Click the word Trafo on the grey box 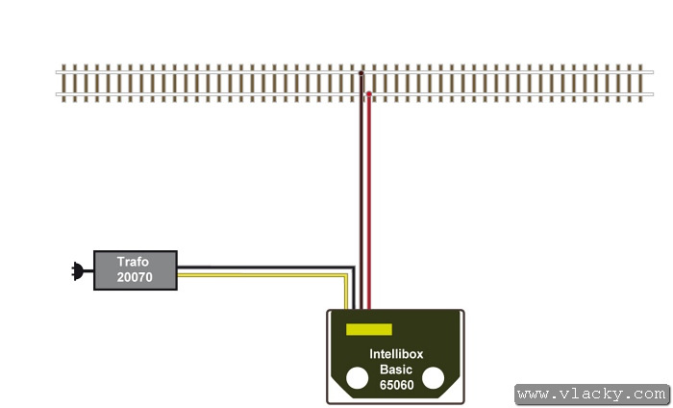(x=135, y=262)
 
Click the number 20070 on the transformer (x=135, y=277)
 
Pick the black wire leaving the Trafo (x=260, y=268)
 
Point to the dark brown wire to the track (x=361, y=192)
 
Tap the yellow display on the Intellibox (x=368, y=329)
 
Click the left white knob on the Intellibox (x=358, y=378)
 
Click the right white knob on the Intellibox (x=433, y=378)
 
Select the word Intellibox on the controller (x=395, y=353)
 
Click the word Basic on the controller (x=395, y=369)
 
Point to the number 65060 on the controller (x=395, y=385)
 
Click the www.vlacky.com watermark (x=590, y=394)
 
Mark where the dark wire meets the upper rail (x=361, y=72)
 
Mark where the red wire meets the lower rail (x=367, y=94)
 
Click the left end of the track (x=60, y=83)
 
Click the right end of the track (x=651, y=83)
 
